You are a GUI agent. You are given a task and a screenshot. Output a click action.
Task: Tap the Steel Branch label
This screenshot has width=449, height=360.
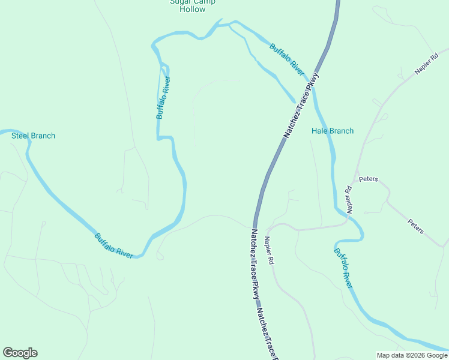(34, 136)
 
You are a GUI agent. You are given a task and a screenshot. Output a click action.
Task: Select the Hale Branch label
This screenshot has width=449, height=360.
(333, 131)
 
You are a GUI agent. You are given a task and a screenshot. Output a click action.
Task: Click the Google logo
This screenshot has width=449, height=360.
(20, 353)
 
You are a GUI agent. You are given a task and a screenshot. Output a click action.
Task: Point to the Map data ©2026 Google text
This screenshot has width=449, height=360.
(412, 355)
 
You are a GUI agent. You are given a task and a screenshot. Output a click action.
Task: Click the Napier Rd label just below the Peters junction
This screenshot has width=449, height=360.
(349, 200)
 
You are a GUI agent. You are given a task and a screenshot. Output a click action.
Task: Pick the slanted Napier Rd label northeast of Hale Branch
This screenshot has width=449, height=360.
(427, 64)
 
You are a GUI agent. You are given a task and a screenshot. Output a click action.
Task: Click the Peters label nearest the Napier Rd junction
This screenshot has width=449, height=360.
(368, 179)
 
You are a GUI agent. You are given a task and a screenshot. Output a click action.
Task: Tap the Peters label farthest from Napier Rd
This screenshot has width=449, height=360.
(416, 226)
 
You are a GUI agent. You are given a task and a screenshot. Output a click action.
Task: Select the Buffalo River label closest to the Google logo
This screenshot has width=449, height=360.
(113, 245)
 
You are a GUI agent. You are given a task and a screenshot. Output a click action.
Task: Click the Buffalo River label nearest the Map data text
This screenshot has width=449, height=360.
(342, 268)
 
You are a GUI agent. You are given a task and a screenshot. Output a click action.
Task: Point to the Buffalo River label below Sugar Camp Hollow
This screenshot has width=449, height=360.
(163, 97)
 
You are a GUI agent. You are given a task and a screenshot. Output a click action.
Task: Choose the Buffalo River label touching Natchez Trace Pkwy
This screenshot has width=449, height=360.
(287, 59)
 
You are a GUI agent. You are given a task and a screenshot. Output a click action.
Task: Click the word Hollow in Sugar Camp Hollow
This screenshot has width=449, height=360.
(192, 10)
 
